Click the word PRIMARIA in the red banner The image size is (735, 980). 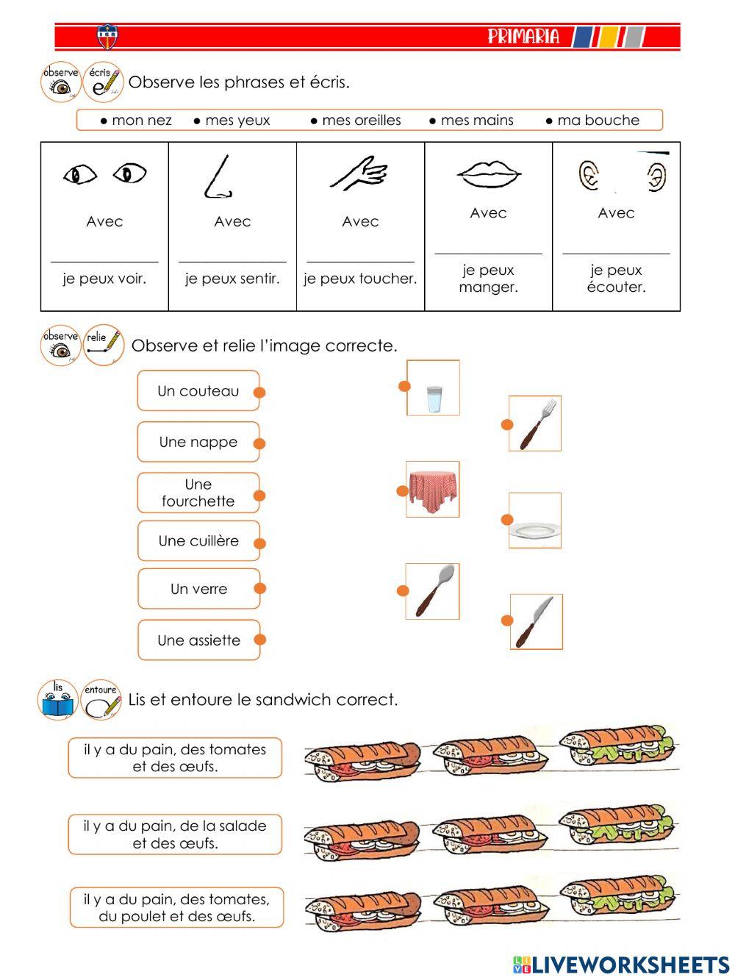523,37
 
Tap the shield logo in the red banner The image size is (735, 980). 107,37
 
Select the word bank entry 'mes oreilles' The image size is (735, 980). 356,120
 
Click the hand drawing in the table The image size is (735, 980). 359,174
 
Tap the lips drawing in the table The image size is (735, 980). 489,175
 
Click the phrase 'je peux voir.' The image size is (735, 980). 104,279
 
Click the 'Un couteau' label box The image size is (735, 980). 198,391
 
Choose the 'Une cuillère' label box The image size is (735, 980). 198,541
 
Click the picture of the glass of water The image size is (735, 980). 434,388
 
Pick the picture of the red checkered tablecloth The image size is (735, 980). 433,490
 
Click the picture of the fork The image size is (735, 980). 536,423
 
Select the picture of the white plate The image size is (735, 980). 536,521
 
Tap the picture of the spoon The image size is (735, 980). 433,591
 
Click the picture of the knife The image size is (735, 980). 537,622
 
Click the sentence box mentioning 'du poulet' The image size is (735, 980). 176,908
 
